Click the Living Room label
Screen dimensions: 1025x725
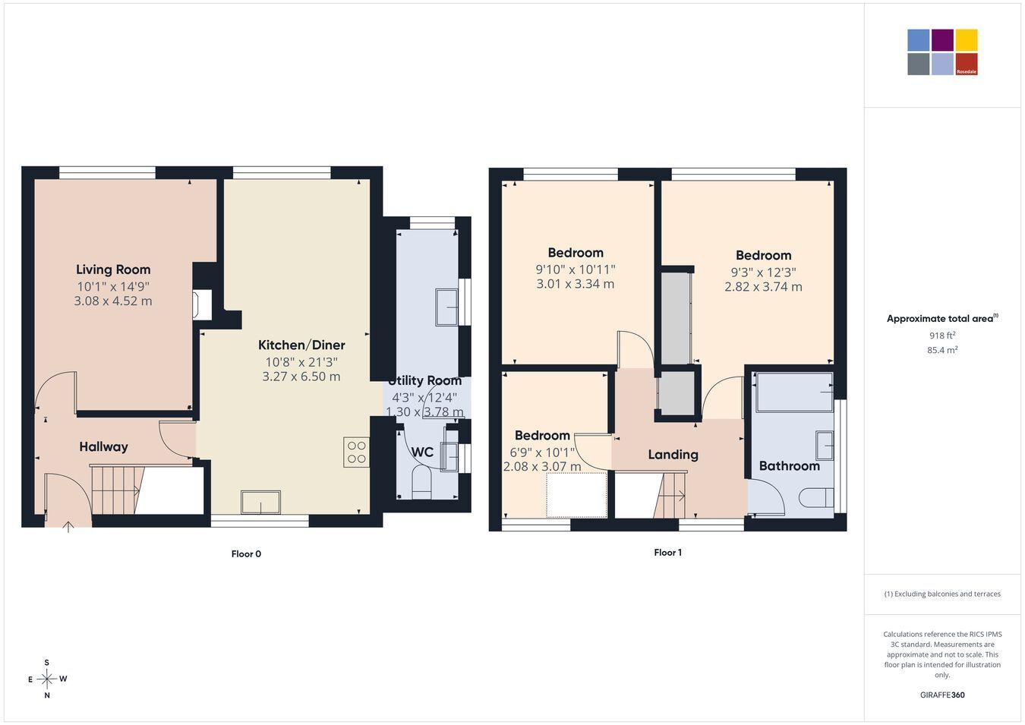(113, 270)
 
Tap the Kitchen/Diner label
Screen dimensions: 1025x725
(301, 345)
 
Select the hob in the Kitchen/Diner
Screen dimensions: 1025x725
(356, 452)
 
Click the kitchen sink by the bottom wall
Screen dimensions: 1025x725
(261, 503)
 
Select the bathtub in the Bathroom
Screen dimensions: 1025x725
(794, 392)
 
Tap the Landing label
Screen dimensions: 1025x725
(673, 455)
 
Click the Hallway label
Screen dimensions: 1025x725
(103, 447)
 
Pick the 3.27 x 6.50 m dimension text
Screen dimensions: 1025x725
(301, 377)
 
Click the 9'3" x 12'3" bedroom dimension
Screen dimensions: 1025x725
(763, 273)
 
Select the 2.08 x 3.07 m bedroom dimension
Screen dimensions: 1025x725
(542, 467)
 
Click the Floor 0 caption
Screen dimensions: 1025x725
(246, 554)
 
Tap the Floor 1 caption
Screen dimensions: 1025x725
(667, 553)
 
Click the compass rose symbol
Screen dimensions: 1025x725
(46, 679)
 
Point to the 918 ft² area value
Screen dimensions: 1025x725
(942, 336)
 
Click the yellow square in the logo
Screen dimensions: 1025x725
(967, 40)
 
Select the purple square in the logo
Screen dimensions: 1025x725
(943, 40)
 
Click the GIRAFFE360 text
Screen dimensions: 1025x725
(942, 695)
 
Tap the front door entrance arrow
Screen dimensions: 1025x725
(68, 527)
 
